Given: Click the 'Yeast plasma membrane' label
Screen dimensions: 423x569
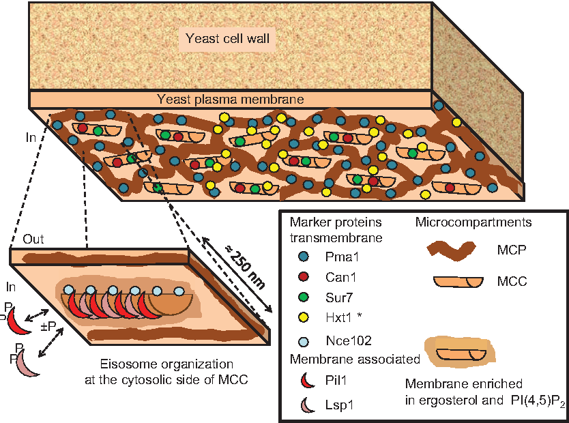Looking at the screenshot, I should [x=230, y=100].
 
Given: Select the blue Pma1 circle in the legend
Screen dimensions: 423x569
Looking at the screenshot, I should [x=304, y=256].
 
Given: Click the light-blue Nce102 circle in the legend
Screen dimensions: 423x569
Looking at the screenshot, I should [x=304, y=340].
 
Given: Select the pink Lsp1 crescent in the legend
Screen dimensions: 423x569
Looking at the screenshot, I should [x=304, y=405].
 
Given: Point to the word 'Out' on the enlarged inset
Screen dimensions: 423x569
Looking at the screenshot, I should [x=34, y=240].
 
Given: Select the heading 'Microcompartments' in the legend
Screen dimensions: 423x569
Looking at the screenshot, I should [x=474, y=222].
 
